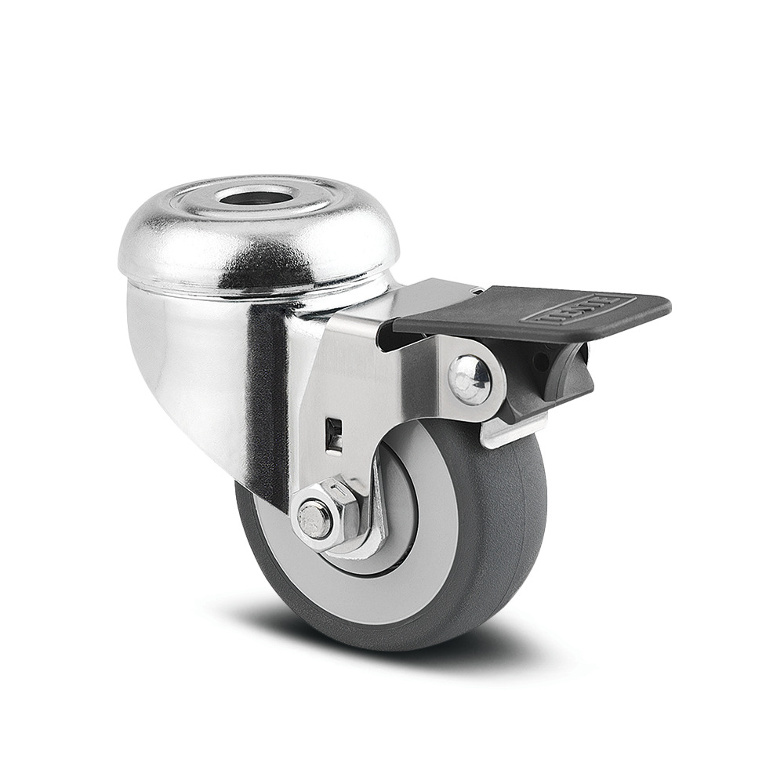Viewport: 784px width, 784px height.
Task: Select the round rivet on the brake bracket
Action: (x=470, y=379)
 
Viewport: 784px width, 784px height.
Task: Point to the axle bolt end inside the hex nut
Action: (x=315, y=520)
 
